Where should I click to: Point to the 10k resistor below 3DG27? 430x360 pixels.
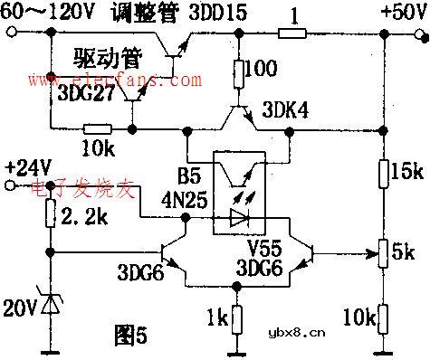[x=98, y=126]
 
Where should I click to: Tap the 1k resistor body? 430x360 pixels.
[x=236, y=318]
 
